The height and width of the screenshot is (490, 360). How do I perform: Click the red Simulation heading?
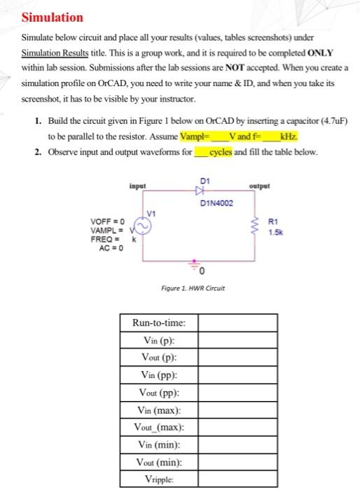click(x=53, y=17)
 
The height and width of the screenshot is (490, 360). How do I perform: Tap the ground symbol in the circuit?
click(x=195, y=267)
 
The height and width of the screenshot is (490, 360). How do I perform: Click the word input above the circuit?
click(x=138, y=185)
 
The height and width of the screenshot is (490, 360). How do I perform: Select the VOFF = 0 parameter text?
click(x=108, y=221)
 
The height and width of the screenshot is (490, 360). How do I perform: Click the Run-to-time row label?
click(x=159, y=323)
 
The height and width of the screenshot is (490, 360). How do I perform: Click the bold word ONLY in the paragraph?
click(x=320, y=53)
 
